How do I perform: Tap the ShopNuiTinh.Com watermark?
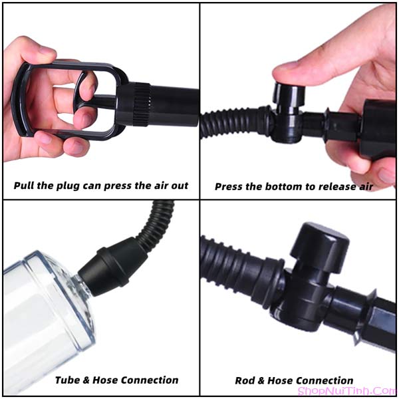347,391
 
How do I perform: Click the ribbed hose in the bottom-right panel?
242,272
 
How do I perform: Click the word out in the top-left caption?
180,186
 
